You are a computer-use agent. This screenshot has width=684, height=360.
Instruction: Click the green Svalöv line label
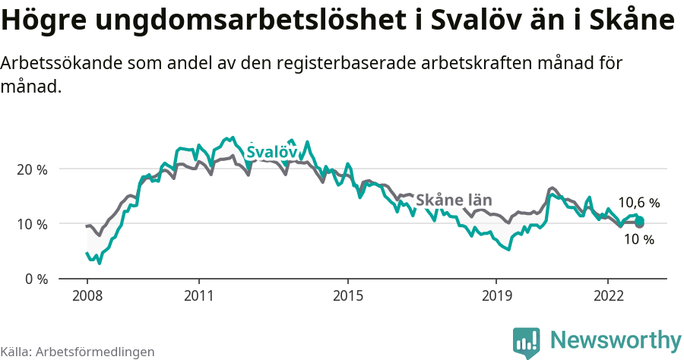coord(271,153)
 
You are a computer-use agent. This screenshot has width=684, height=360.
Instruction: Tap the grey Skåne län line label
coord(454,201)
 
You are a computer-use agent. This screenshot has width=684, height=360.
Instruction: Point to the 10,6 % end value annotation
coord(638,203)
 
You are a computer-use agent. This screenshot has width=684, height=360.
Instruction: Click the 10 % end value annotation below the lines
coord(638,240)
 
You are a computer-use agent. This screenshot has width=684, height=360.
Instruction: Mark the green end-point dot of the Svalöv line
coord(639,220)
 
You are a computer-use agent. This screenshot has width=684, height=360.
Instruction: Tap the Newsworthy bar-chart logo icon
coord(526,342)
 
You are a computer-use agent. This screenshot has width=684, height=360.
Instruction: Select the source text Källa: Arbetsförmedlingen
coord(78,352)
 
